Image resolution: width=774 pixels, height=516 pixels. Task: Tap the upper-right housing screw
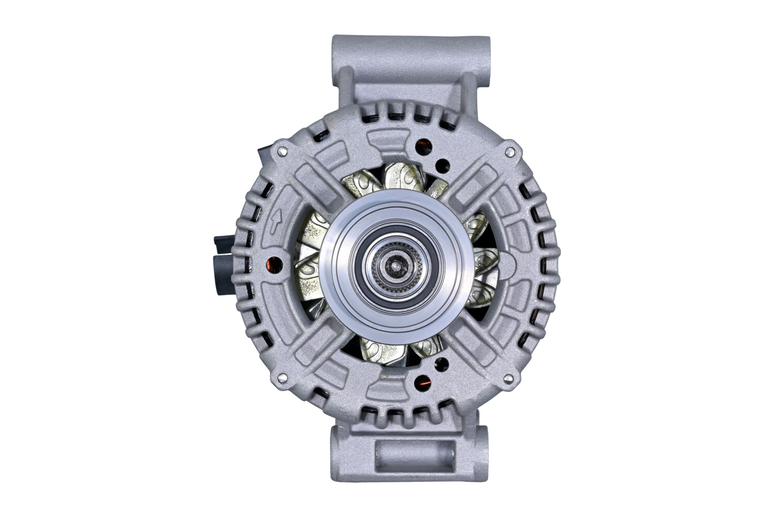click(x=510, y=151)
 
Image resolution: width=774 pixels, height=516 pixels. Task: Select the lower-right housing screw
click(x=510, y=379)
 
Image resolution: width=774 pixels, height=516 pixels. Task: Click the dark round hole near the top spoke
click(x=442, y=165)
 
